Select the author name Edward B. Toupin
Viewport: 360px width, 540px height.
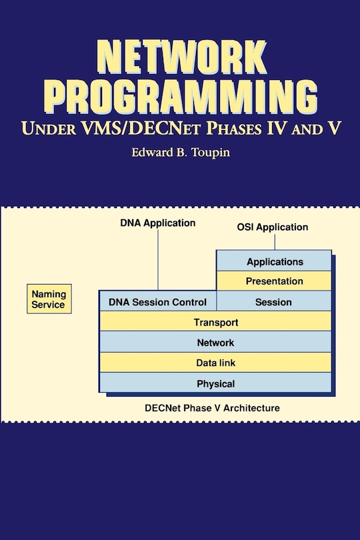pos(181,153)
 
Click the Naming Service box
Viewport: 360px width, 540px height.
pos(49,299)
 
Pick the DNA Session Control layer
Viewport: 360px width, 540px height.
pos(157,302)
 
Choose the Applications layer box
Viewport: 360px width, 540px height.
pos(274,261)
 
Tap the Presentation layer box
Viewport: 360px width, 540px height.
pos(274,281)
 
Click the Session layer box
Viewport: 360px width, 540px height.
pos(274,302)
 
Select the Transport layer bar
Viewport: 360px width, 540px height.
pos(215,322)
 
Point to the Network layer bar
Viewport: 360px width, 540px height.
pos(215,343)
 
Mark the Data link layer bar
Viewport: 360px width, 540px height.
pos(215,363)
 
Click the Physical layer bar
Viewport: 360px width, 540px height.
pos(215,383)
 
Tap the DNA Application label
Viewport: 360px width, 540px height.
pos(158,223)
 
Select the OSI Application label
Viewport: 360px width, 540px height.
pos(273,227)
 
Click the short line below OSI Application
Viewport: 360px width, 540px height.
pos(273,242)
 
